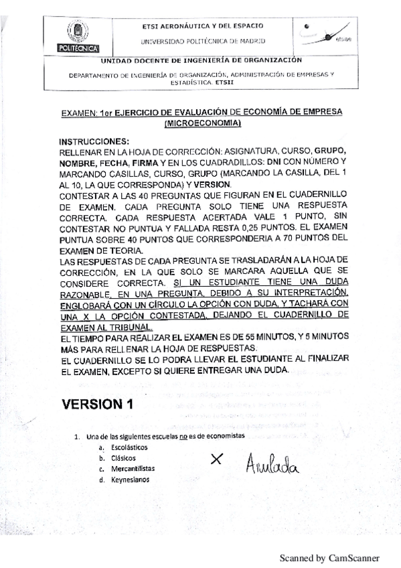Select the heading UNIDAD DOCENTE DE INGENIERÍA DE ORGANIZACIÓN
point(200,60)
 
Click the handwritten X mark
point(216,459)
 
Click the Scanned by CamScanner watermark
point(329,557)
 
